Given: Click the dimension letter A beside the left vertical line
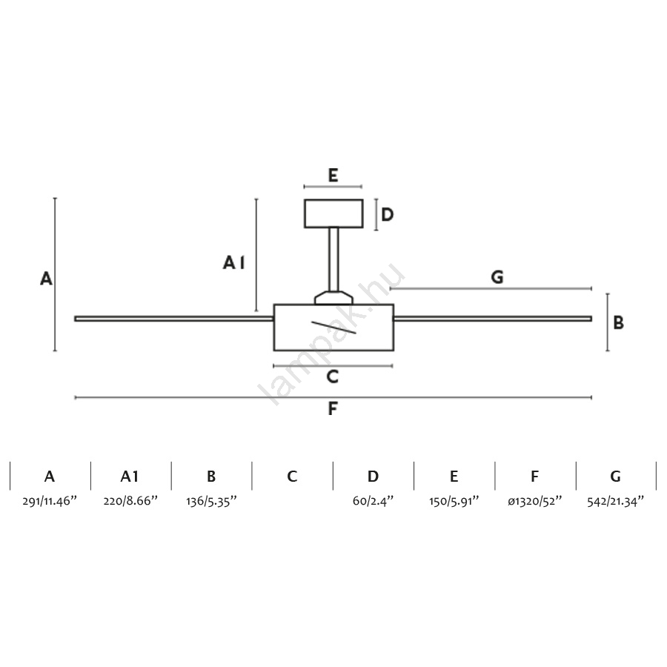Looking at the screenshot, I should (x=46, y=279).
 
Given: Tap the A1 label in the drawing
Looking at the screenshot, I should (x=233, y=262).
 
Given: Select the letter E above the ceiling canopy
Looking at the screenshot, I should (x=333, y=176).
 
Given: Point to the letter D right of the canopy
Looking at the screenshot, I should (x=387, y=215).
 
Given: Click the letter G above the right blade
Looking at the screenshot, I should (x=497, y=277).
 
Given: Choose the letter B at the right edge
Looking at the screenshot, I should (x=618, y=323).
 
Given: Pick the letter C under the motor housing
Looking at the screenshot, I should (x=333, y=377).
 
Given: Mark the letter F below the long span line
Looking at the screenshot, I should (x=333, y=409).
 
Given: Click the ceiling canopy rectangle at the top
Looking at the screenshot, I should (x=333, y=213).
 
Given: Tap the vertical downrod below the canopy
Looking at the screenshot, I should (x=333, y=259).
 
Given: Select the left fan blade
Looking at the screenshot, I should (x=174, y=319).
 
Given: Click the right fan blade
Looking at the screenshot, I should (x=493, y=319).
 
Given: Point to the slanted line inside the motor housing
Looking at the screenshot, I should (x=333, y=327).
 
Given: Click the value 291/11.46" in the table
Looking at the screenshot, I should (x=50, y=501).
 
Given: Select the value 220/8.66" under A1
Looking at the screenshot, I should (x=130, y=501).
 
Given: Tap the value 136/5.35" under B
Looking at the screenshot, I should (x=211, y=501).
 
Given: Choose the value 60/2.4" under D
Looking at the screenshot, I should (x=373, y=501).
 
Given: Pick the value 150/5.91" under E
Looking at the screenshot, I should (x=454, y=501).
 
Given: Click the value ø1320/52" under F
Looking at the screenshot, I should (x=534, y=501).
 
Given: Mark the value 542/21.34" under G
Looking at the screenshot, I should (x=615, y=501).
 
